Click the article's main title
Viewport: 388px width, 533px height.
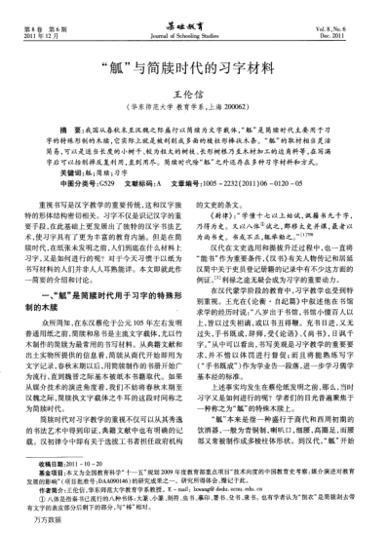pyautogui.click(x=195, y=68)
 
